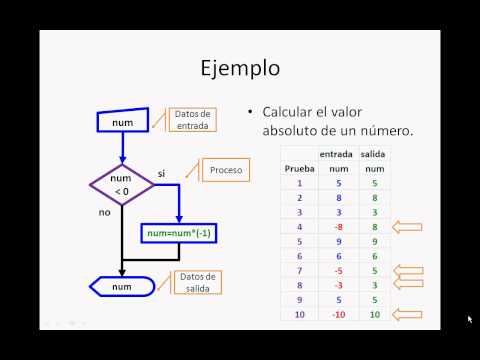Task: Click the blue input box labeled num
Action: coord(123,122)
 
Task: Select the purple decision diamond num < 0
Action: coord(122,184)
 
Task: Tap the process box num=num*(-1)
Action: coord(181,233)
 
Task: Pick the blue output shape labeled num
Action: coord(122,287)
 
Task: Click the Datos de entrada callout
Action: coord(191,119)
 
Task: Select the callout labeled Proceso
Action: coord(226,171)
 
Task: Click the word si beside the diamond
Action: coord(162,173)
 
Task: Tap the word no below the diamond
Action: coord(104,212)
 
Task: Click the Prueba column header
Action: coord(299,169)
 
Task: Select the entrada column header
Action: coord(336,154)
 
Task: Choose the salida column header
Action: coord(373,154)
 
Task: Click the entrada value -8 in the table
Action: coord(337,227)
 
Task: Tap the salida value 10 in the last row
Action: coord(373,315)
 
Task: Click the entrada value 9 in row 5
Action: coord(337,242)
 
